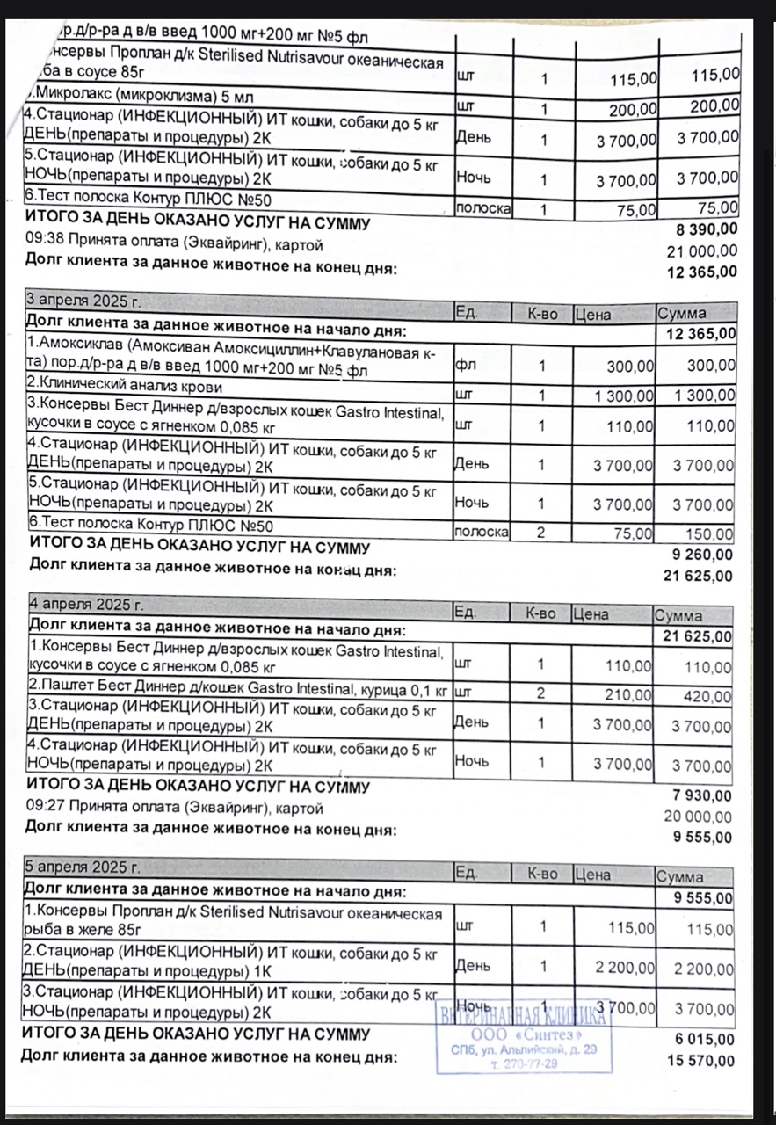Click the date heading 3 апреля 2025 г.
click(x=83, y=301)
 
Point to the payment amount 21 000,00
click(x=703, y=251)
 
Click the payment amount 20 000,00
click(x=698, y=817)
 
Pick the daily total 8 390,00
click(x=706, y=230)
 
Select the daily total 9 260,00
click(x=700, y=555)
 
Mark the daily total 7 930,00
click(x=701, y=796)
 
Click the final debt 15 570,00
click(x=700, y=1061)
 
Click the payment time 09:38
click(x=44, y=244)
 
